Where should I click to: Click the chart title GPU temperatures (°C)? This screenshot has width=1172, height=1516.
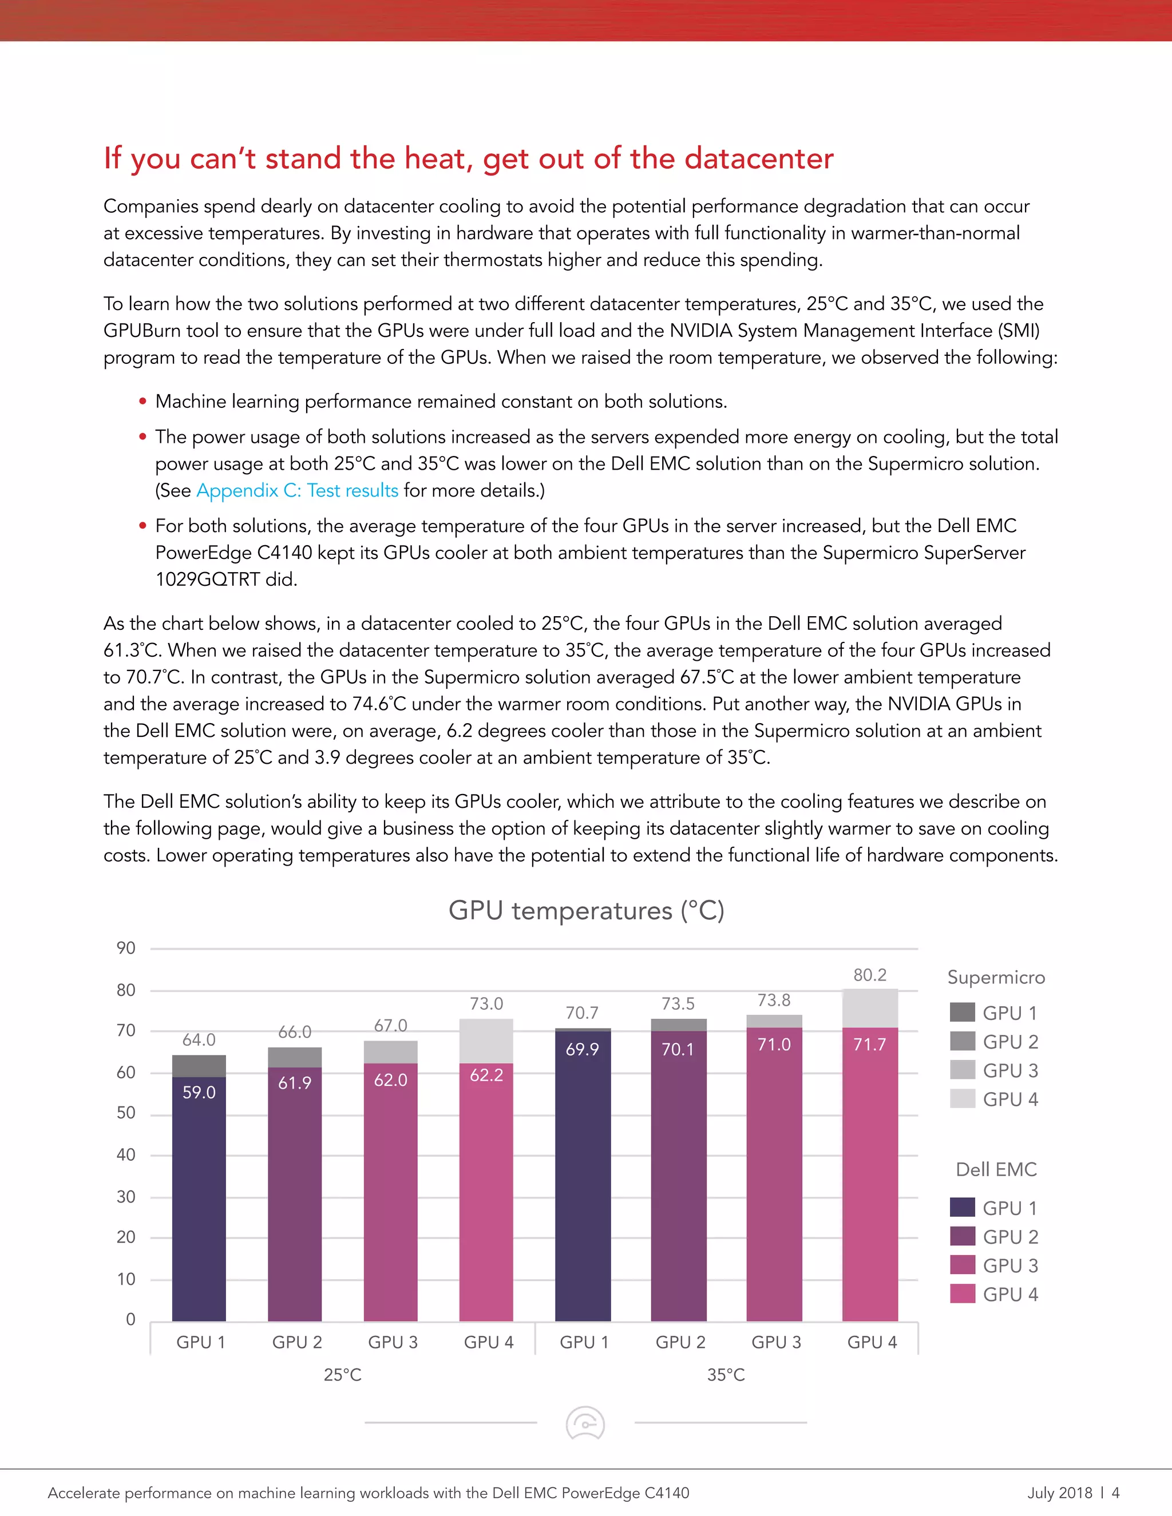click(586, 910)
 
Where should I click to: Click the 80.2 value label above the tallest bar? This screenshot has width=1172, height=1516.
click(869, 975)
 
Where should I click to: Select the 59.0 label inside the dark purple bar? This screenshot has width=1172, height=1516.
click(199, 1092)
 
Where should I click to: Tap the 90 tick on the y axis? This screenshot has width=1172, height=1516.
click(126, 948)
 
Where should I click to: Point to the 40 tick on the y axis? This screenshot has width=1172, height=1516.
click(126, 1154)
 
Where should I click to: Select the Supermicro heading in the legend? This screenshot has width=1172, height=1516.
click(996, 977)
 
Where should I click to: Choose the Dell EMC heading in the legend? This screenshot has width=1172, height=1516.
click(996, 1170)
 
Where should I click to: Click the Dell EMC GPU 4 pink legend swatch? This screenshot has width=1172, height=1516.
click(963, 1294)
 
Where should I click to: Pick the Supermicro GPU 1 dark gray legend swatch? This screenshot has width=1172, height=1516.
click(963, 1012)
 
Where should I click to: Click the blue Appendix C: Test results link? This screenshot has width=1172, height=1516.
click(297, 490)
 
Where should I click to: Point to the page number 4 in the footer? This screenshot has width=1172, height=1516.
click(1115, 1493)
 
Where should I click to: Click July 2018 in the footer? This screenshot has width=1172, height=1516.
click(1059, 1493)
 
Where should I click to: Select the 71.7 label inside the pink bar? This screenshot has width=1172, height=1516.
click(869, 1044)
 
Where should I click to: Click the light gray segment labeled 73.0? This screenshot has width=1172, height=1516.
click(486, 1041)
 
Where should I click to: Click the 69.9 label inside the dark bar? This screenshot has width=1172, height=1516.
click(582, 1049)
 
